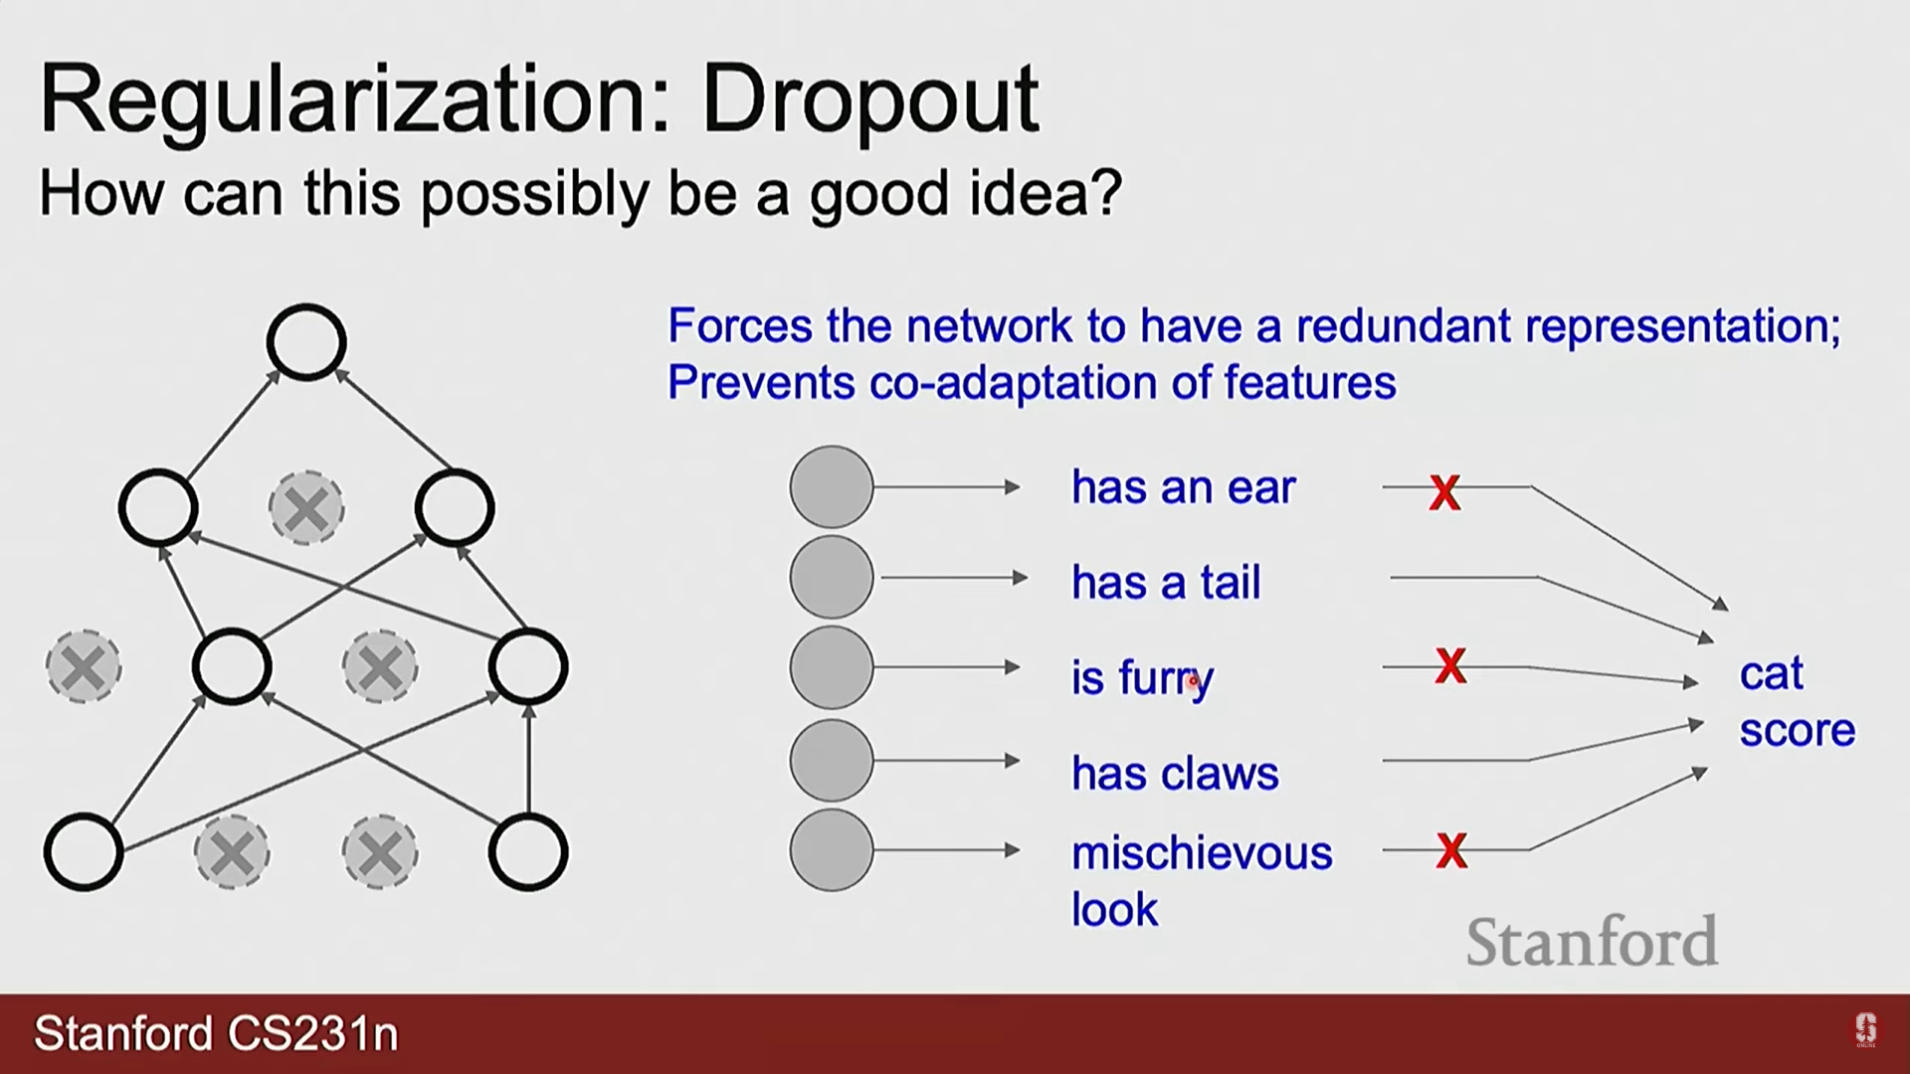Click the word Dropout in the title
[x=870, y=100]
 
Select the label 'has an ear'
[x=1183, y=487]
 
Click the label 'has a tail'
[x=1166, y=582]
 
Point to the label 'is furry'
[x=1142, y=678]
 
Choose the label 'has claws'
[x=1175, y=773]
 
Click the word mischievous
[x=1202, y=853]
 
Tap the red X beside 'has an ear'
[x=1444, y=492]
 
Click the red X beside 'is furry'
[x=1450, y=665]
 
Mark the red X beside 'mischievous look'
[x=1451, y=850]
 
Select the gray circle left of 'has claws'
[x=831, y=761]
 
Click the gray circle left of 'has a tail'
[x=831, y=577]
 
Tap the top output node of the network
[x=306, y=342]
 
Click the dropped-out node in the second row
[x=306, y=508]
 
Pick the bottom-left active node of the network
[x=84, y=852]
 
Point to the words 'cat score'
[x=1797, y=701]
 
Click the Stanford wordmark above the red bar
[x=1592, y=941]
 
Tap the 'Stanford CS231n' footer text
[x=216, y=1033]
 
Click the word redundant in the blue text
[x=1403, y=326]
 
